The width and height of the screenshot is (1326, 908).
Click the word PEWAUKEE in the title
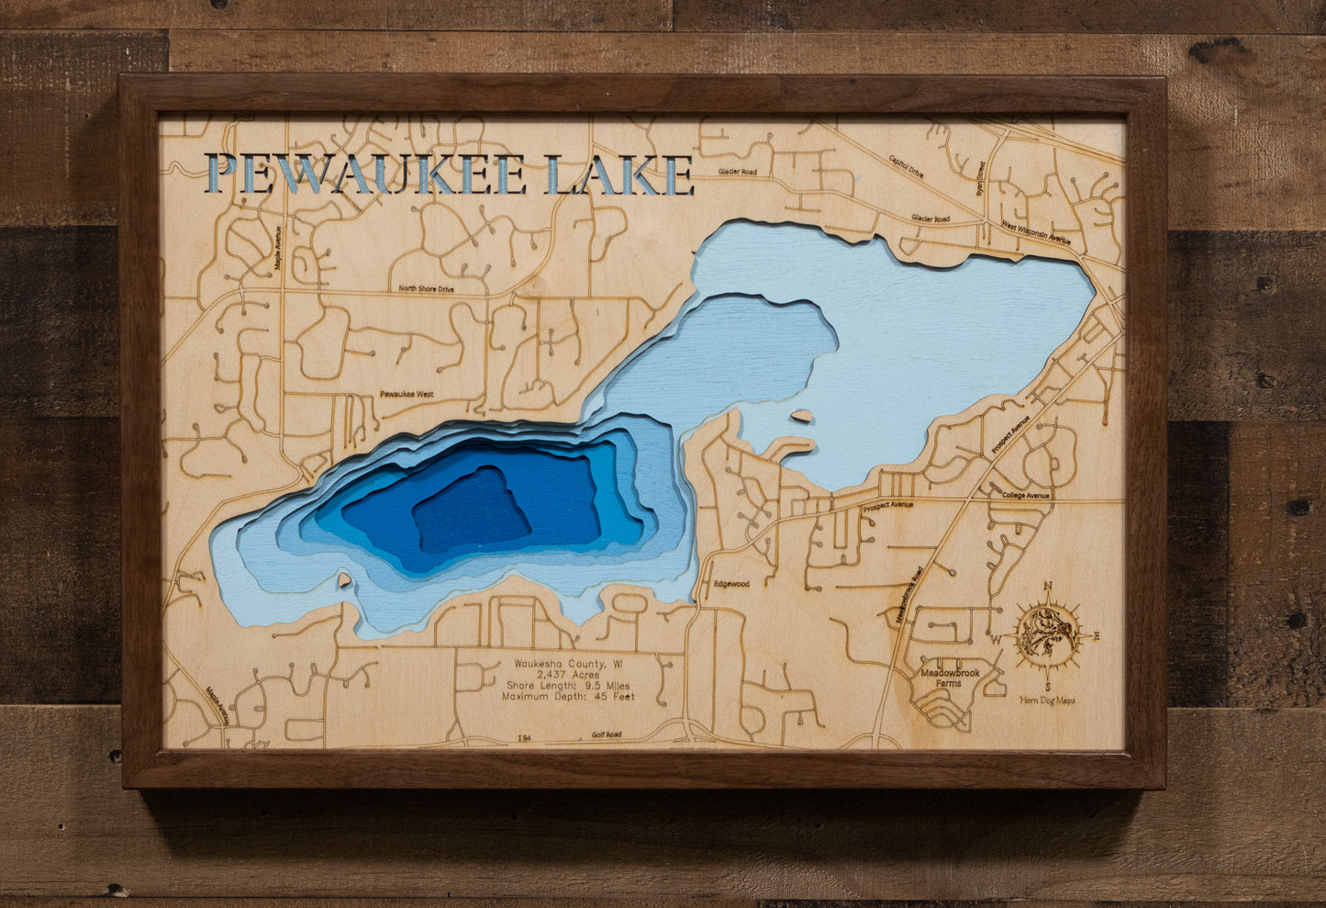[367, 174]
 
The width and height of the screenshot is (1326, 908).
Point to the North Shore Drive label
[426, 288]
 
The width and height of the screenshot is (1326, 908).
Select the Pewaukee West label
[407, 395]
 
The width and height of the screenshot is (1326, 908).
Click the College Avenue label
[1026, 496]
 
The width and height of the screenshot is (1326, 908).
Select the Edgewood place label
[731, 584]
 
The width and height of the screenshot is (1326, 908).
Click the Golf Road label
[606, 734]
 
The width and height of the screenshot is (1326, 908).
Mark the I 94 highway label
[524, 737]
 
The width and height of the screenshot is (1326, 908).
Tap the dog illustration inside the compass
[1047, 633]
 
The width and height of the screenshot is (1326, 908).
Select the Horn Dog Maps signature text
[1047, 701]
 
